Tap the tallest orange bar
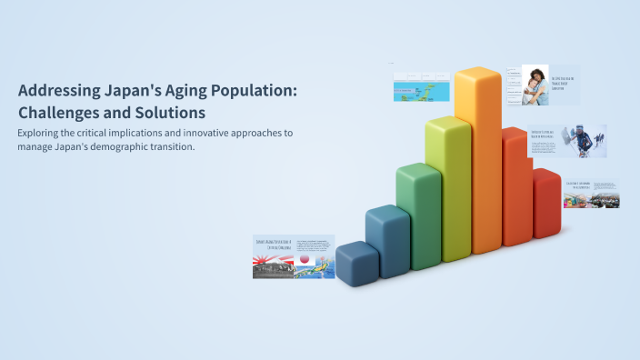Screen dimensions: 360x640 (x=477, y=164)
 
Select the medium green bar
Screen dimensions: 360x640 (x=418, y=218)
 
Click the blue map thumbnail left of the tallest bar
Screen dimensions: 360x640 (x=422, y=87)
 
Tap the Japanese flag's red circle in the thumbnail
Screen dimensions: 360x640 (x=305, y=259)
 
